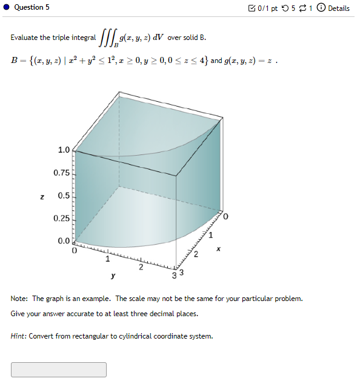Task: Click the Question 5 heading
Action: coord(32,7)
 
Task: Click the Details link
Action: coord(339,8)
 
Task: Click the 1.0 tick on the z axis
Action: coord(64,150)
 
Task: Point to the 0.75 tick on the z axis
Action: coord(61,173)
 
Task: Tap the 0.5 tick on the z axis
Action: coord(64,196)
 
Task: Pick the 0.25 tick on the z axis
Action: coord(61,218)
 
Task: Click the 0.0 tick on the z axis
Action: coord(64,241)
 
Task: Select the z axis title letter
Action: coord(42,196)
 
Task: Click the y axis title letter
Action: coord(113,276)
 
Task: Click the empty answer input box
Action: coord(58,369)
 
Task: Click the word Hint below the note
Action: coord(18,336)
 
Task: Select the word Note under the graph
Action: coord(19,299)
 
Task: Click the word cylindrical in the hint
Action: coord(143,336)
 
